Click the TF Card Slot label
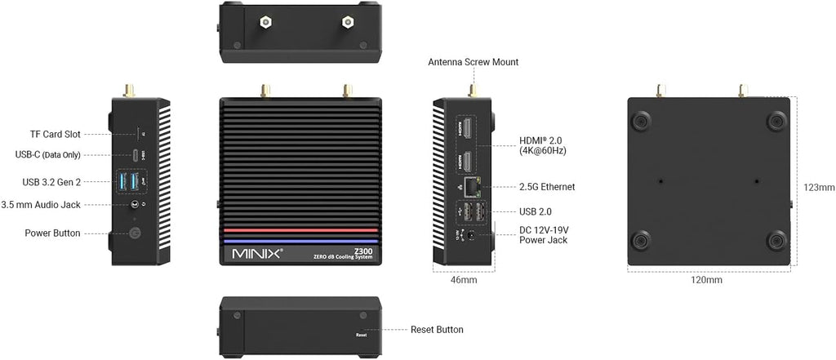56,135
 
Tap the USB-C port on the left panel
136,155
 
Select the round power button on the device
135,233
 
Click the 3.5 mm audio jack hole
135,204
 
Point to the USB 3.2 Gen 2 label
51,182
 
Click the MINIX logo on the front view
257,253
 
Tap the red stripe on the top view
300,230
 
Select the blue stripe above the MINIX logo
300,241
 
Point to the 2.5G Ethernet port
471,186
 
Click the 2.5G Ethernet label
547,187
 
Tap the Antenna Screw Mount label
473,62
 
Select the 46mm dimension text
464,279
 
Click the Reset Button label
437,330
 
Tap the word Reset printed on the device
361,335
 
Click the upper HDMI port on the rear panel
467,128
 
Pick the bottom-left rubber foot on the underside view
642,241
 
